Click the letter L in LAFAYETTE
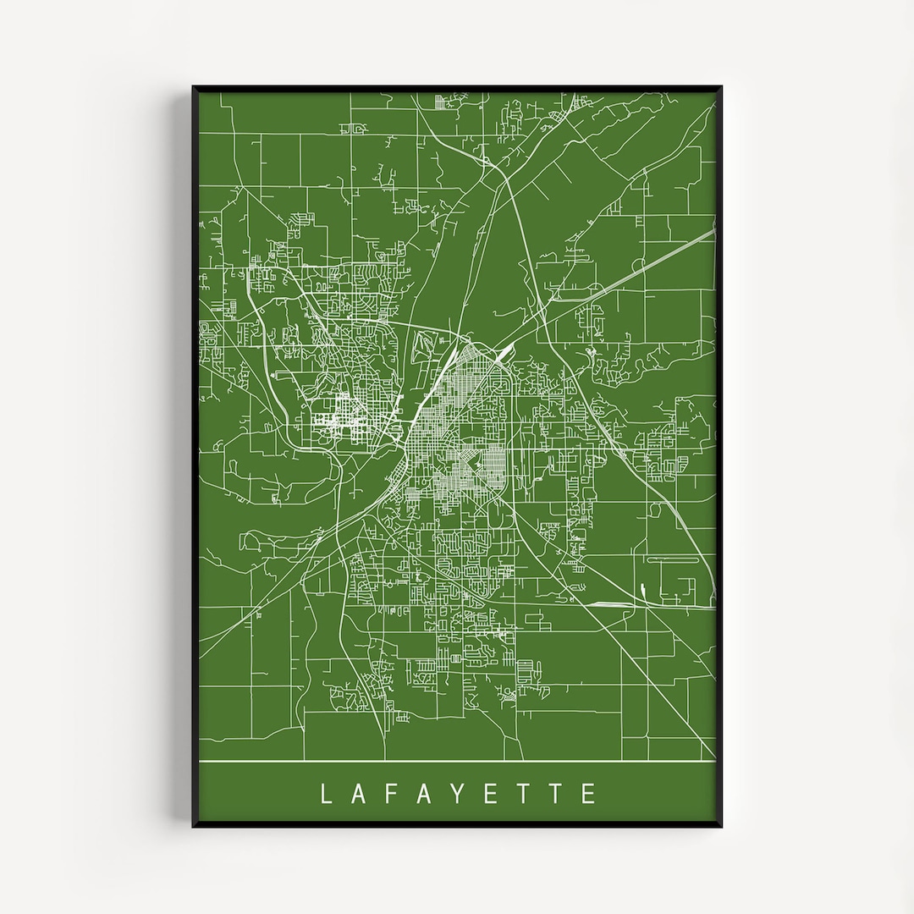tap(326, 793)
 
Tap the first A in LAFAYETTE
tap(360, 793)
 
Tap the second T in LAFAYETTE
tap(556, 793)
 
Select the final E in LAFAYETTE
tap(589, 793)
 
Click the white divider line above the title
tap(457, 762)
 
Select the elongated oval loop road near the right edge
tap(672, 559)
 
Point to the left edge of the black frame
tap(195, 457)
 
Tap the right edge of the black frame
tap(719, 457)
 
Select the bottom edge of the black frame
tap(457, 824)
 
